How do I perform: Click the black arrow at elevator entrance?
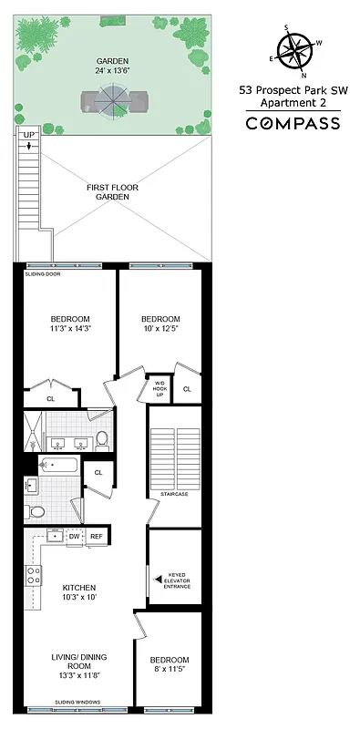tap(159, 579)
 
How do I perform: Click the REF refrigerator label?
tap(97, 537)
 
